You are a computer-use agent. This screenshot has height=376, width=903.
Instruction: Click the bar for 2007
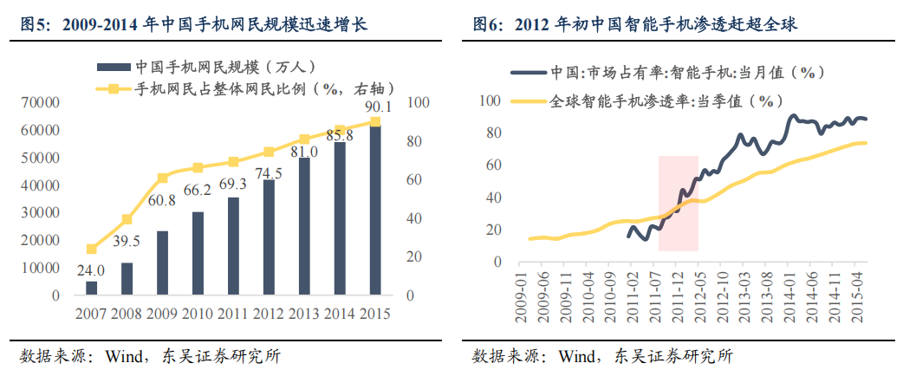point(91,288)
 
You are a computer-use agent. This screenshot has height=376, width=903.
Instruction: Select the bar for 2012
point(269,237)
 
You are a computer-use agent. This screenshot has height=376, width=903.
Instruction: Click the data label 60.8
point(163,200)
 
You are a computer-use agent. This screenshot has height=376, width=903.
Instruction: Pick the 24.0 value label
point(90,269)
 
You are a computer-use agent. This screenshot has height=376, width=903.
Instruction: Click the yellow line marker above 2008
point(127,219)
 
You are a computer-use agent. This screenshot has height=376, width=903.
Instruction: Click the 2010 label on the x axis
point(198,313)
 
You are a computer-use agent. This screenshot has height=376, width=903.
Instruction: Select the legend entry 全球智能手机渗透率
point(659,101)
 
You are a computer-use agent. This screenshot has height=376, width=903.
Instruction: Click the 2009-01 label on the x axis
point(522,300)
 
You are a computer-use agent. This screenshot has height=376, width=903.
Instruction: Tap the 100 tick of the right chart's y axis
point(490,101)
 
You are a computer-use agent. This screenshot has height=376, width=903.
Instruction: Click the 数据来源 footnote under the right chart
point(602,356)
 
